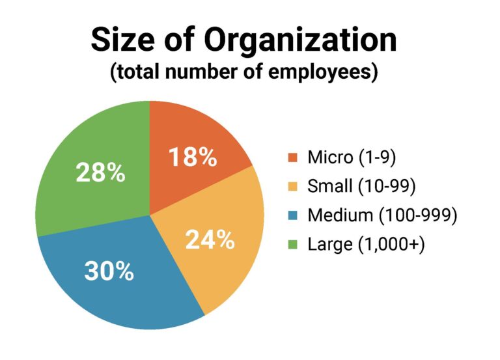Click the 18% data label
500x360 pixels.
pos(192,158)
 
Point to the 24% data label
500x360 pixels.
pos(210,240)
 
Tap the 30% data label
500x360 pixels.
pos(109,271)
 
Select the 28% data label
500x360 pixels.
pos(100,173)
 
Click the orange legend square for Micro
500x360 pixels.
pos(293,158)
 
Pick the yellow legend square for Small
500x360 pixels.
pos(293,187)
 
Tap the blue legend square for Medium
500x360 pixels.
pos(293,216)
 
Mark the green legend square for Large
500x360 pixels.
pos(293,245)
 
